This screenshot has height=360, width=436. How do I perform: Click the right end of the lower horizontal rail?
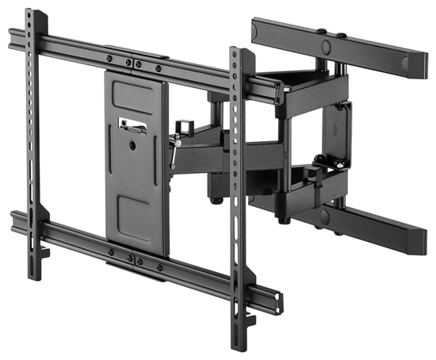[277, 302]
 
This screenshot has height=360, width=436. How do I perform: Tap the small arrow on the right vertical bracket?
[235, 187]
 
